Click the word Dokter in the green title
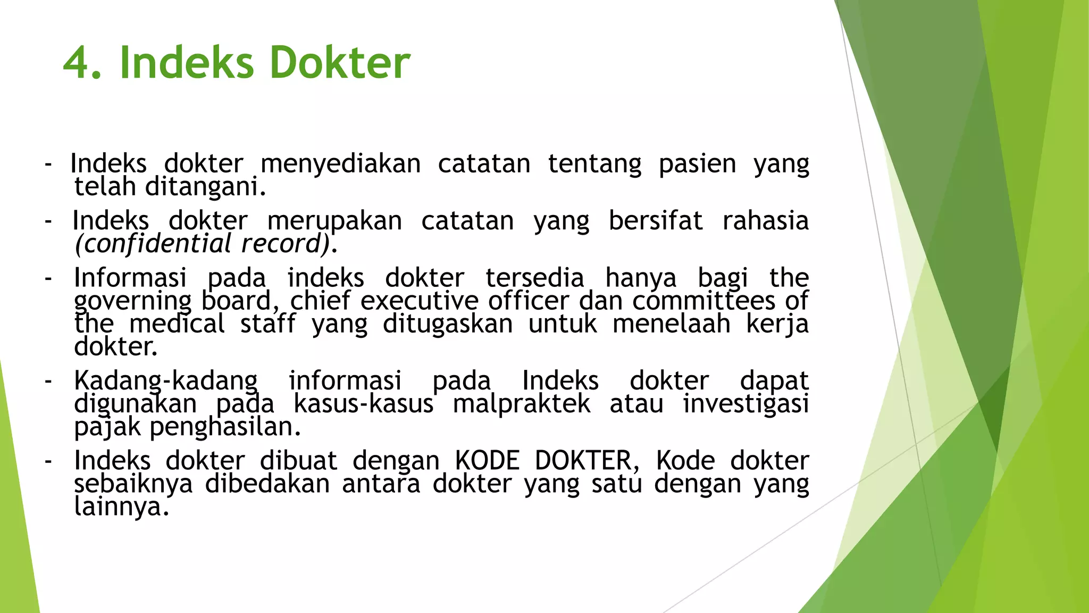[340, 63]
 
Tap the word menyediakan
[340, 164]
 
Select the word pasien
[697, 164]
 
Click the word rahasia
[765, 221]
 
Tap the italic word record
[284, 244]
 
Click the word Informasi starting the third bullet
[130, 278]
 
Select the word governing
[132, 302]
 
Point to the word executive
[420, 301]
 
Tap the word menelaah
[672, 324]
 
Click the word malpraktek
[522, 404]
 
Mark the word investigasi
[746, 404]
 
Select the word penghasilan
[225, 427]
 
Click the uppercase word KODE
[487, 461]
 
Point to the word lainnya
[121, 507]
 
